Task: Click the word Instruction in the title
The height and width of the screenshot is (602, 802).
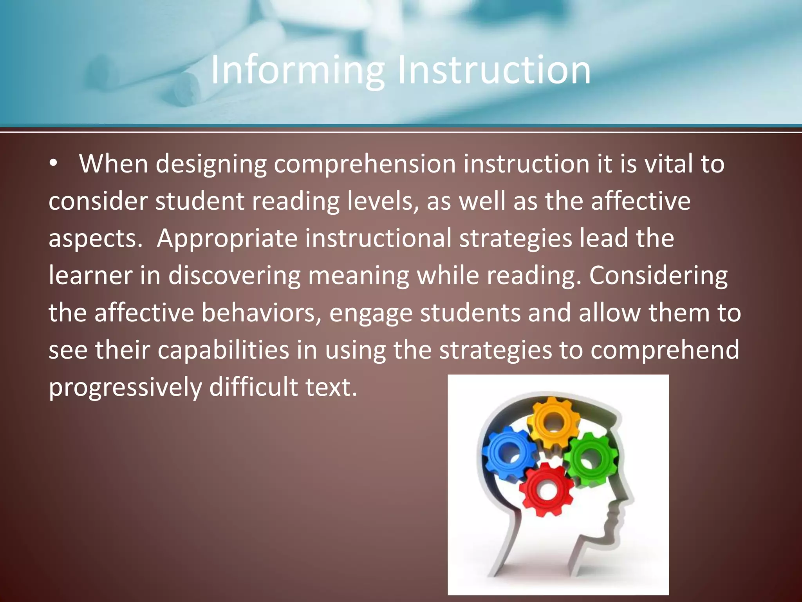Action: (494, 71)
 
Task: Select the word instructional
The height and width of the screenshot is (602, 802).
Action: (378, 238)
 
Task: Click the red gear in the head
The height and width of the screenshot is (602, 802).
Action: (547, 490)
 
